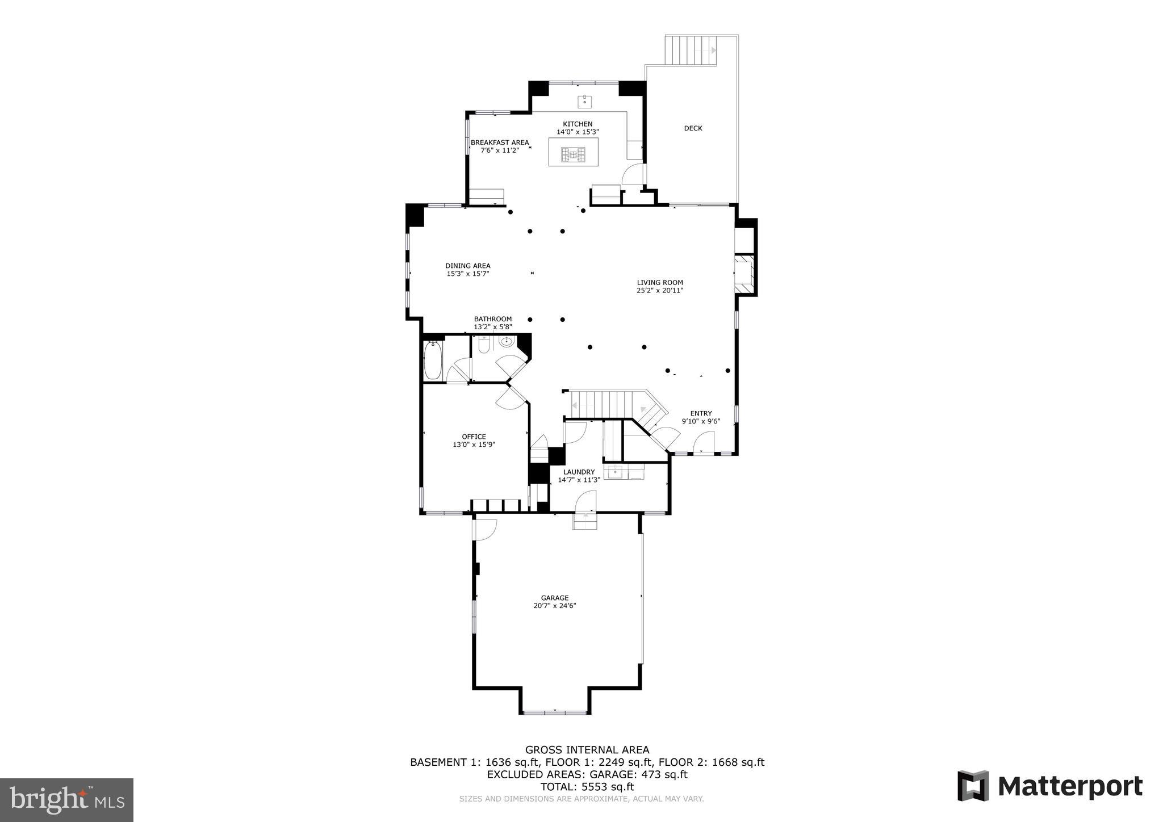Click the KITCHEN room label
(578, 124)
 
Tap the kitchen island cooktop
(573, 154)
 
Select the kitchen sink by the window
(585, 102)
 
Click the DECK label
(693, 128)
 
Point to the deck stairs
(692, 51)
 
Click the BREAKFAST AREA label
(500, 142)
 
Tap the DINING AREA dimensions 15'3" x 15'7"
(468, 274)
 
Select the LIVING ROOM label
(659, 282)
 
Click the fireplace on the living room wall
(744, 274)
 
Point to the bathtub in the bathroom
(433, 360)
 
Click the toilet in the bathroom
(484, 345)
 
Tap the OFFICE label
(474, 437)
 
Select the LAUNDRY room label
(579, 472)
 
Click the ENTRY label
(701, 413)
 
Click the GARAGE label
(554, 598)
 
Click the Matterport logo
(1050, 787)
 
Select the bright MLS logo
(67, 799)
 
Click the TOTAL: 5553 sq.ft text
(587, 787)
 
